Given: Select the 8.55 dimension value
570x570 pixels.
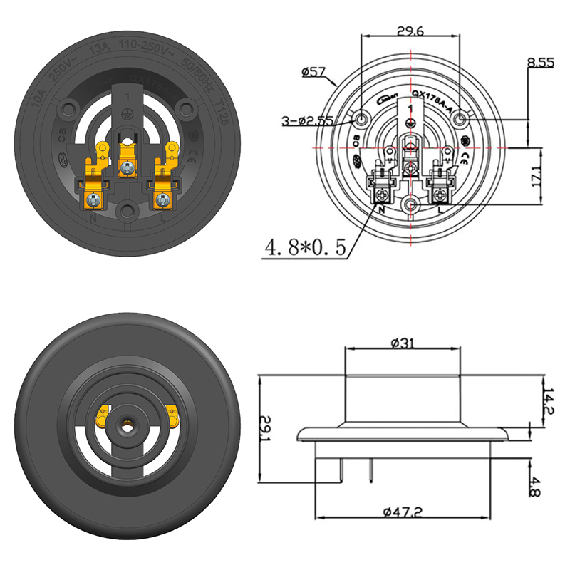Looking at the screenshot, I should pos(541,63).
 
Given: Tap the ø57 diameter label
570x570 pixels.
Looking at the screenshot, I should pos(313,72).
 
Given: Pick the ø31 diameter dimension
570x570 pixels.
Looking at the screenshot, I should pos(404,343).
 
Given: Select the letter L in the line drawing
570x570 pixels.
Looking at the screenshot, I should pos(441,212).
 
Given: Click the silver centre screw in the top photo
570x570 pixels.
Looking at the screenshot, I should pos(127,168).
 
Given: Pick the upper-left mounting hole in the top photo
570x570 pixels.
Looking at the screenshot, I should pos(69,109).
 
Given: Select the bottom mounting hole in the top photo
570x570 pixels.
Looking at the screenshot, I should pos(127,210).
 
